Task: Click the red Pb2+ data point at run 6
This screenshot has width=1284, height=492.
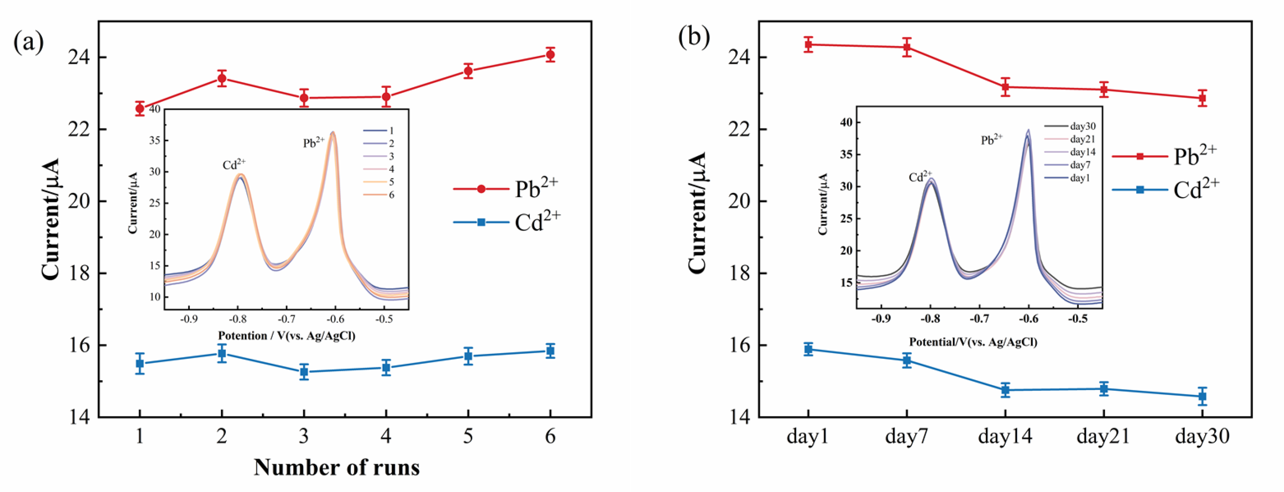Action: tap(550, 55)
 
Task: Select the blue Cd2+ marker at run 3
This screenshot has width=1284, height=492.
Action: tap(304, 371)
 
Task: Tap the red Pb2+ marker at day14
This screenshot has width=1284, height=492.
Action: tap(1005, 87)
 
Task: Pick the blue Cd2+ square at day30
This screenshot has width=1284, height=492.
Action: tap(1202, 396)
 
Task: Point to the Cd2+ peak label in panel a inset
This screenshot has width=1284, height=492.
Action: tap(234, 164)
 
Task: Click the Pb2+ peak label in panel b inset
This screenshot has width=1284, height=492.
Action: tap(991, 139)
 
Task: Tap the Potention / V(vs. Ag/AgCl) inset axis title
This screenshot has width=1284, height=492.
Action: tap(286, 336)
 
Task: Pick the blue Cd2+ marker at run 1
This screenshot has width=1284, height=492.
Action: tap(140, 363)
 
